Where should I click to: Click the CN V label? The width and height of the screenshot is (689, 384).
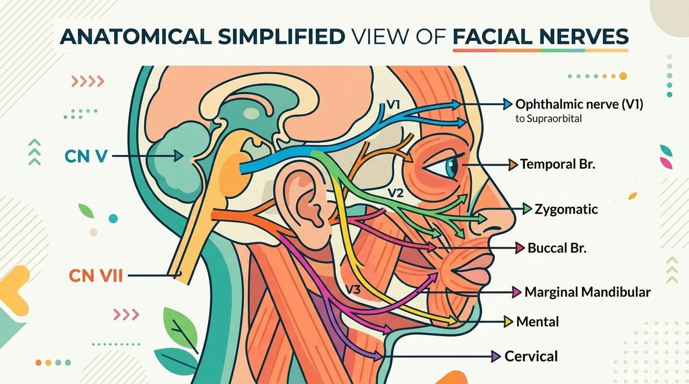[86, 156]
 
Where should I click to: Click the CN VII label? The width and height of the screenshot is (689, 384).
[96, 275]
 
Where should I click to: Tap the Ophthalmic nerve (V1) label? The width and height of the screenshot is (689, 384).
[579, 104]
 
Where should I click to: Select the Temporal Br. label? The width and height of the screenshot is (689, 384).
[558, 164]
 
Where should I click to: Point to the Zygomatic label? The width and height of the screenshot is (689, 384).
[566, 209]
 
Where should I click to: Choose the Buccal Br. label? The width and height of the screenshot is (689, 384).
[557, 247]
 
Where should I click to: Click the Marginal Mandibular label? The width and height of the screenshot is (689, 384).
[587, 292]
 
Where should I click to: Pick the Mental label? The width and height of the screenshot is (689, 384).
[537, 322]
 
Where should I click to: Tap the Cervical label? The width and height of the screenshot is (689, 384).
[531, 356]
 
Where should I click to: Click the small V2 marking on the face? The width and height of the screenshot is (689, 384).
[395, 193]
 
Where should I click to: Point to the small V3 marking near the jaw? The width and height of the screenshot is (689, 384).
[353, 289]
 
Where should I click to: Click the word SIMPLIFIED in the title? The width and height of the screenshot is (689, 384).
[282, 37]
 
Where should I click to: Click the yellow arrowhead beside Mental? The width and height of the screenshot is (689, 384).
[508, 322]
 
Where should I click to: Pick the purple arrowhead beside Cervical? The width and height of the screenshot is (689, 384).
[496, 357]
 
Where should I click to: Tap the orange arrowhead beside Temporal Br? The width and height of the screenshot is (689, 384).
[513, 165]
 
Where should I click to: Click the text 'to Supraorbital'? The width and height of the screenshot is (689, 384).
[549, 118]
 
